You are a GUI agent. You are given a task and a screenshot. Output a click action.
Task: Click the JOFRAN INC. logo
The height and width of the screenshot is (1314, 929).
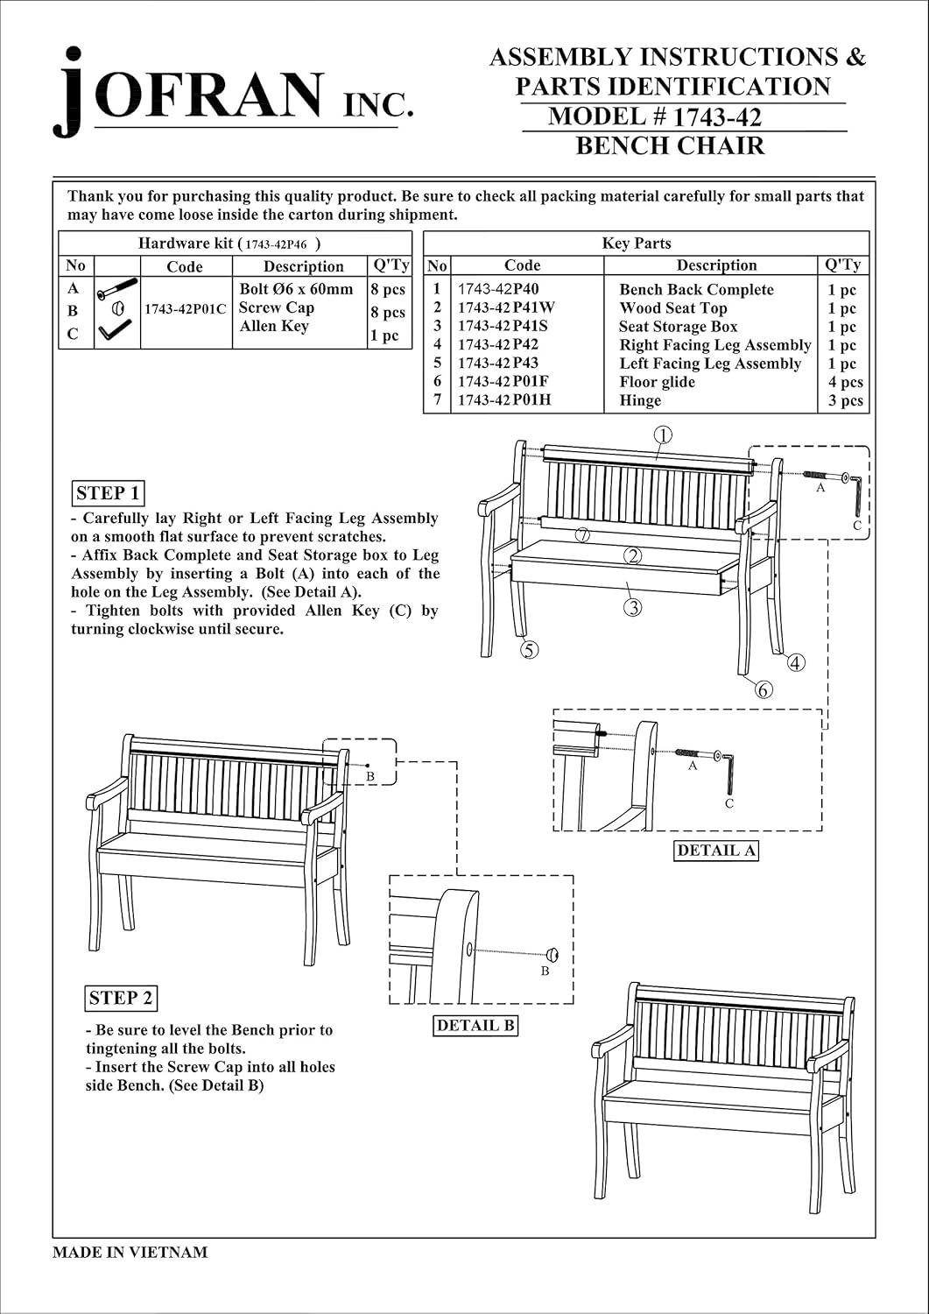[x=232, y=93]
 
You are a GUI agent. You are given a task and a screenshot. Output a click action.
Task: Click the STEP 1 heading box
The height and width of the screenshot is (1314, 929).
[x=108, y=492]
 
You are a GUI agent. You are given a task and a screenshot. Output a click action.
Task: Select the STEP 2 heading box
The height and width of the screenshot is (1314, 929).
[x=121, y=997]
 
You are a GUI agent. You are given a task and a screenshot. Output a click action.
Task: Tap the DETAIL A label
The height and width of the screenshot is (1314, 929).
[x=716, y=850]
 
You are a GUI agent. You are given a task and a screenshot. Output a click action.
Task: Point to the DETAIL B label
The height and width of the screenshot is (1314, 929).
[x=475, y=1025]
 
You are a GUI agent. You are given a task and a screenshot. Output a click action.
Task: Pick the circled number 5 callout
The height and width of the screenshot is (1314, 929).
[x=529, y=649]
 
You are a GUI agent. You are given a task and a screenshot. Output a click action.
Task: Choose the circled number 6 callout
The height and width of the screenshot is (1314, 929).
[x=764, y=689]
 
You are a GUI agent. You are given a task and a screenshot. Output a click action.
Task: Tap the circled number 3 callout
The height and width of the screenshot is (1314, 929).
[x=633, y=606]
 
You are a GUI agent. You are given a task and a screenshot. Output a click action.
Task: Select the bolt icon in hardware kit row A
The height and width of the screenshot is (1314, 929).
[x=117, y=287]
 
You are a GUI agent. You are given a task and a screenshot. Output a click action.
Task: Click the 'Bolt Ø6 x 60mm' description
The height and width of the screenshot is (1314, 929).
[x=296, y=289]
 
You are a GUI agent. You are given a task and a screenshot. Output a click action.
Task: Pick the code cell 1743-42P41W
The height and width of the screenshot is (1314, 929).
[x=506, y=307]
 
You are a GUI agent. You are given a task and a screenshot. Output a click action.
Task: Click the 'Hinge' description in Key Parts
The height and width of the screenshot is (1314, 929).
[x=640, y=400]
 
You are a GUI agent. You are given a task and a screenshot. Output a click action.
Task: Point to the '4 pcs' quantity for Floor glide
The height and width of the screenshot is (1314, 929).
[x=845, y=382]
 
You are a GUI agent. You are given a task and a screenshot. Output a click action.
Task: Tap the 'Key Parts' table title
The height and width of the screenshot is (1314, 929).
[x=636, y=244]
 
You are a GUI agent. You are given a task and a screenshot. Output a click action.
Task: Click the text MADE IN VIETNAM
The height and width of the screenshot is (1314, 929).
[x=130, y=1252]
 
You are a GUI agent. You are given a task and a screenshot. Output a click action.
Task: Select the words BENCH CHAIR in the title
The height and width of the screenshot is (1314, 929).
[x=670, y=145]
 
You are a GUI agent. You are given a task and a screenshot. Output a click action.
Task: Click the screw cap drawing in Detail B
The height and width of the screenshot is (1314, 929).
[x=552, y=955]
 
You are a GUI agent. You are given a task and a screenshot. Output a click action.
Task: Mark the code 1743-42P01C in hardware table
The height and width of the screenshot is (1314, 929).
[x=185, y=309]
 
